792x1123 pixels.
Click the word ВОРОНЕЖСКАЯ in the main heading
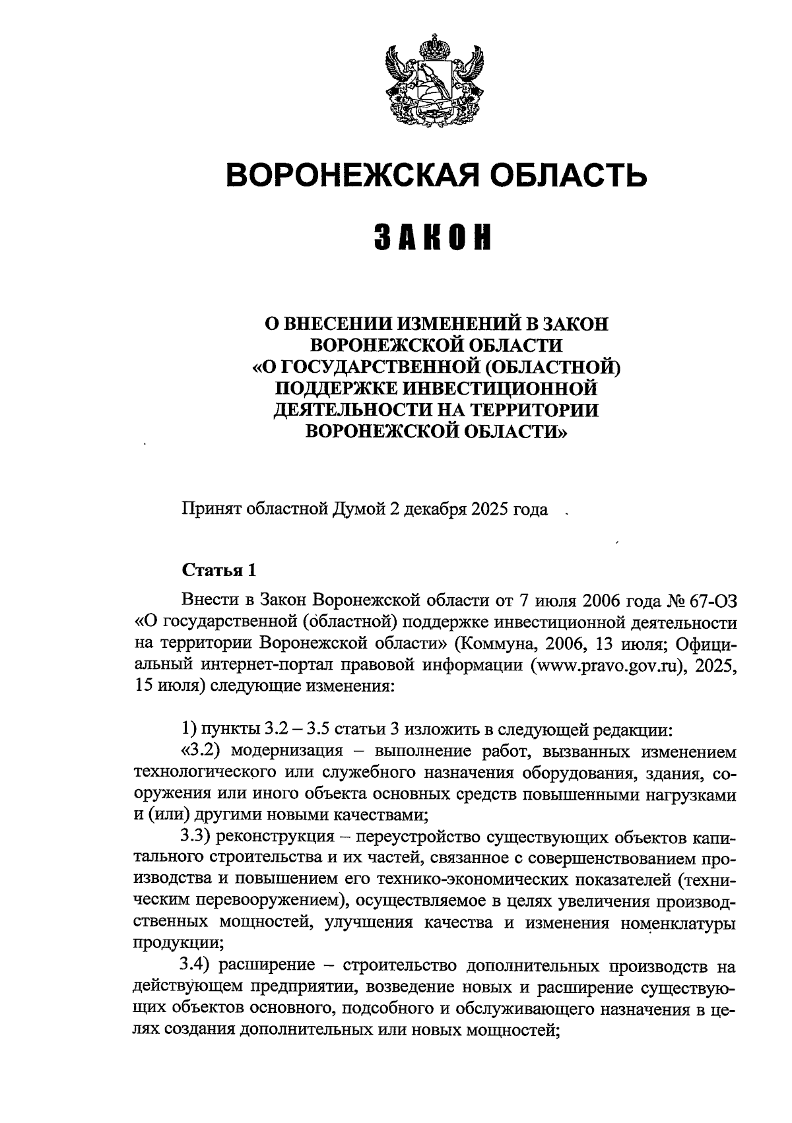[350, 176]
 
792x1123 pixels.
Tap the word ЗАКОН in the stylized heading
[434, 238]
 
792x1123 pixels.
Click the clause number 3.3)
[195, 837]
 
